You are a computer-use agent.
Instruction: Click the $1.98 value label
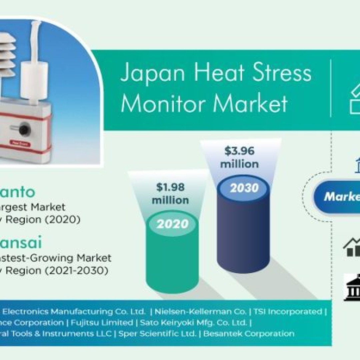170,187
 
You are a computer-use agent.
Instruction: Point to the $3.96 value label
239,151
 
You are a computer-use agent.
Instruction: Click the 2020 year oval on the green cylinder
173,224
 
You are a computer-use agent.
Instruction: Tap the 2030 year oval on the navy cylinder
244,188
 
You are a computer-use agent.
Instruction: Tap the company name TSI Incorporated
288,312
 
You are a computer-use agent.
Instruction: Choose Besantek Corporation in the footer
249,334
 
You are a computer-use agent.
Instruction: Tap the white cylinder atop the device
34,80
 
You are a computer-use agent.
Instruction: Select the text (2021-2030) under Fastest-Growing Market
77,271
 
